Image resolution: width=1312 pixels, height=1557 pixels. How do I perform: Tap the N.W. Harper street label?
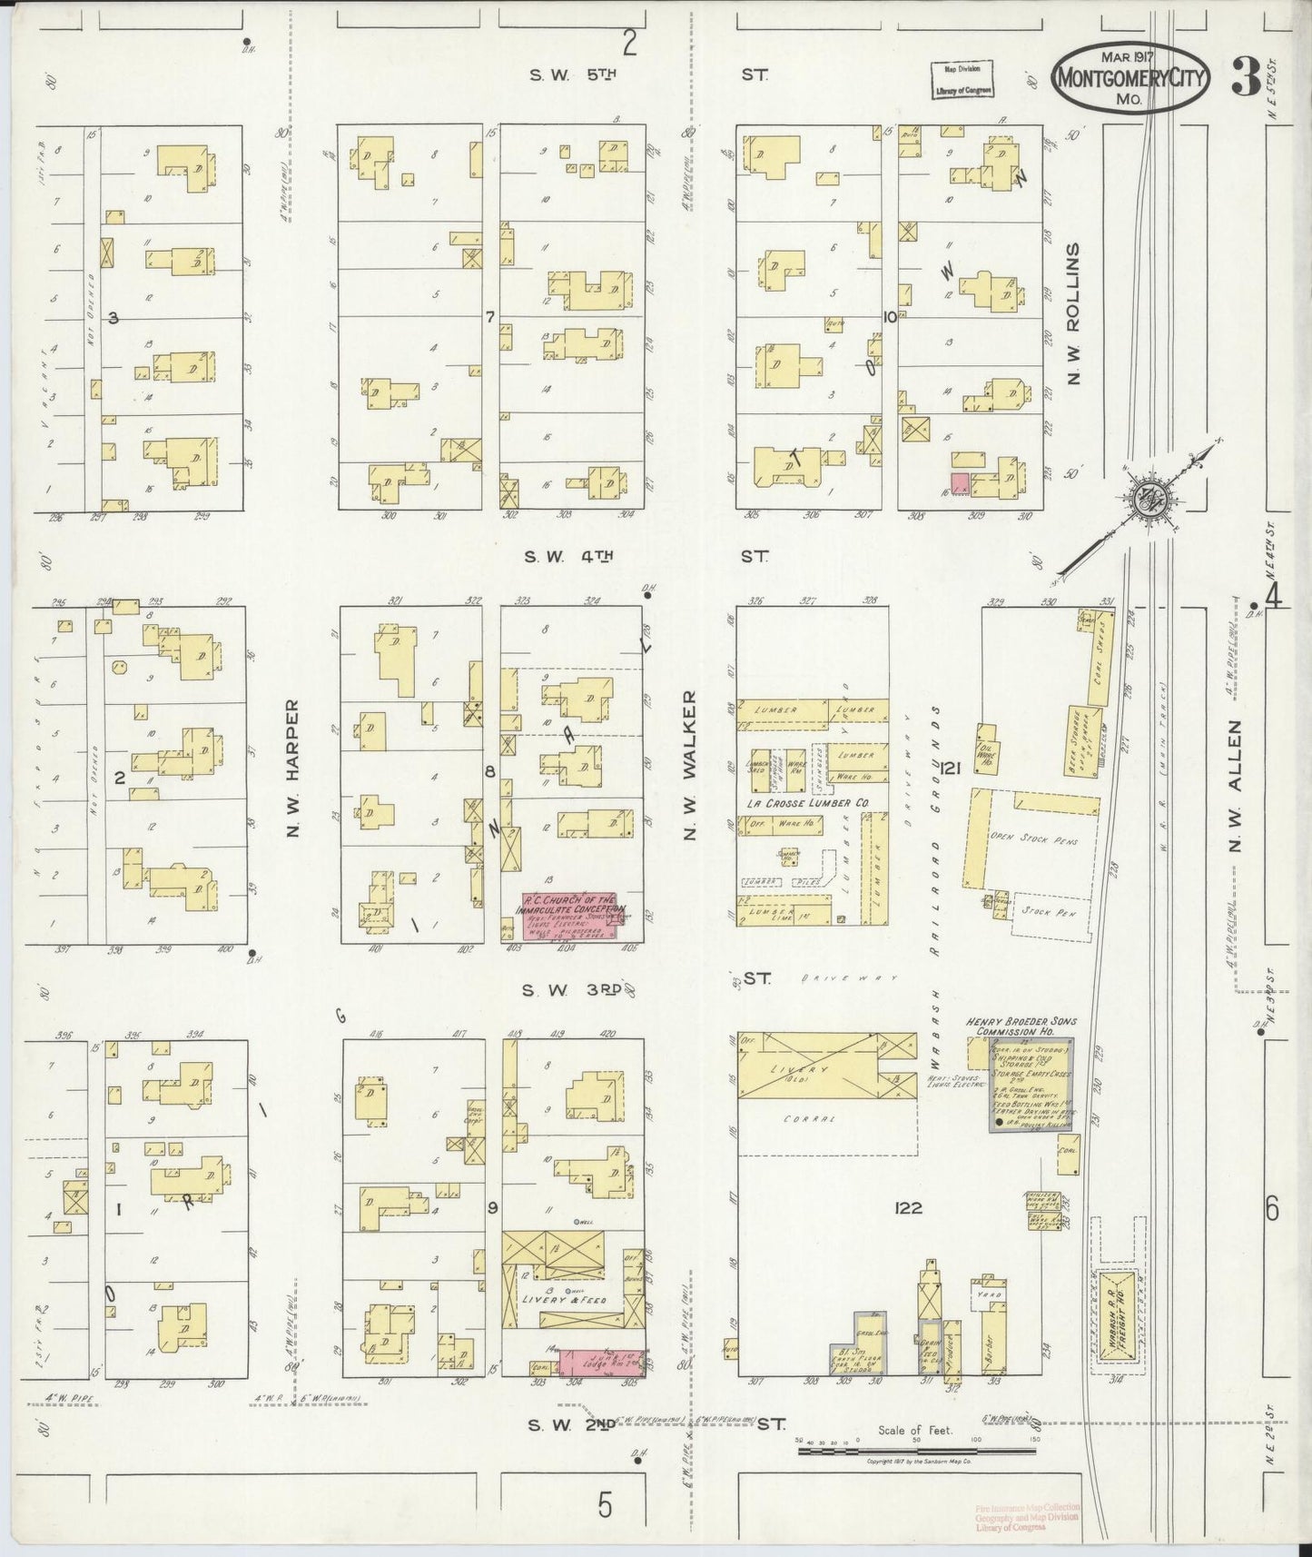[292, 769]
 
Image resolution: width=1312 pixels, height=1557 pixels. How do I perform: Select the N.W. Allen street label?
[1235, 787]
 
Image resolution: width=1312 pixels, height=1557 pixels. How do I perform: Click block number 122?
[907, 1207]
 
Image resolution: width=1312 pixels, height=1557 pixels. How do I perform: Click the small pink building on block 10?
[960, 481]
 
